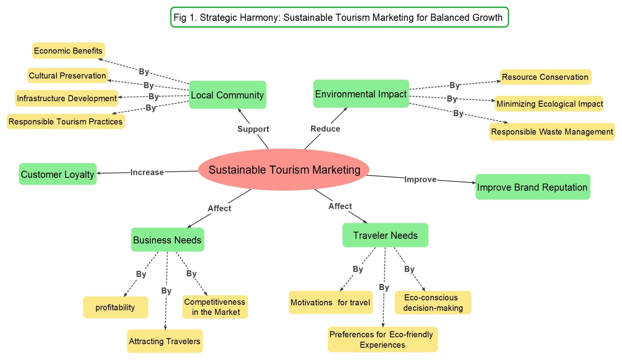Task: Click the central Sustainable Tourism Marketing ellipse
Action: click(284, 169)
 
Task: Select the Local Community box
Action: click(227, 95)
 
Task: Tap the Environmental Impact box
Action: click(361, 94)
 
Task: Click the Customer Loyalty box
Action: click(58, 174)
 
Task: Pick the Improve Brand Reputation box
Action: click(532, 187)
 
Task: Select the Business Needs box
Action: click(167, 240)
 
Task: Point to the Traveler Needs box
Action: click(385, 235)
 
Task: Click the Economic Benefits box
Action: click(68, 50)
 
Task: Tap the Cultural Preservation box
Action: click(67, 75)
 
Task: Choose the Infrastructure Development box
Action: click(67, 98)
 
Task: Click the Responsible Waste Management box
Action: click(552, 131)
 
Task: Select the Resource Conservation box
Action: click(545, 77)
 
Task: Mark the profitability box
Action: click(115, 307)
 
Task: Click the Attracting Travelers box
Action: click(165, 341)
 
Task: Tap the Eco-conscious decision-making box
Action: click(433, 302)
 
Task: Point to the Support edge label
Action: click(253, 129)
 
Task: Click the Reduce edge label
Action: click(325, 129)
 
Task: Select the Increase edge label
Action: click(147, 172)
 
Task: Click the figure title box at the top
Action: click(339, 17)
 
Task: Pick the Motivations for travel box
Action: click(331, 302)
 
